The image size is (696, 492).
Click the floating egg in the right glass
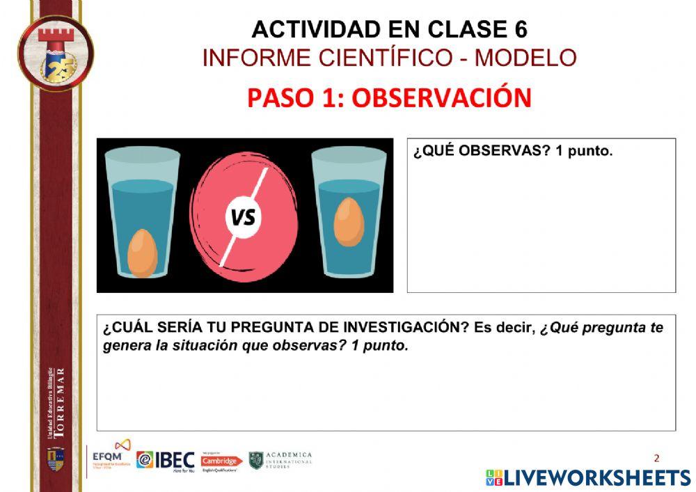[349, 221]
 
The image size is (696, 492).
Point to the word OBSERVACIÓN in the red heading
[441, 98]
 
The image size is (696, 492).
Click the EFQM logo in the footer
[111, 456]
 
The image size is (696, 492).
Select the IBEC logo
[166, 460]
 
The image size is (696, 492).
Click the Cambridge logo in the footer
[221, 461]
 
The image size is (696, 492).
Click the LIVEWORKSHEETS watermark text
[596, 477]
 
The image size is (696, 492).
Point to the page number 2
[656, 458]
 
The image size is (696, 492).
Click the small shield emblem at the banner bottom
[55, 458]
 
